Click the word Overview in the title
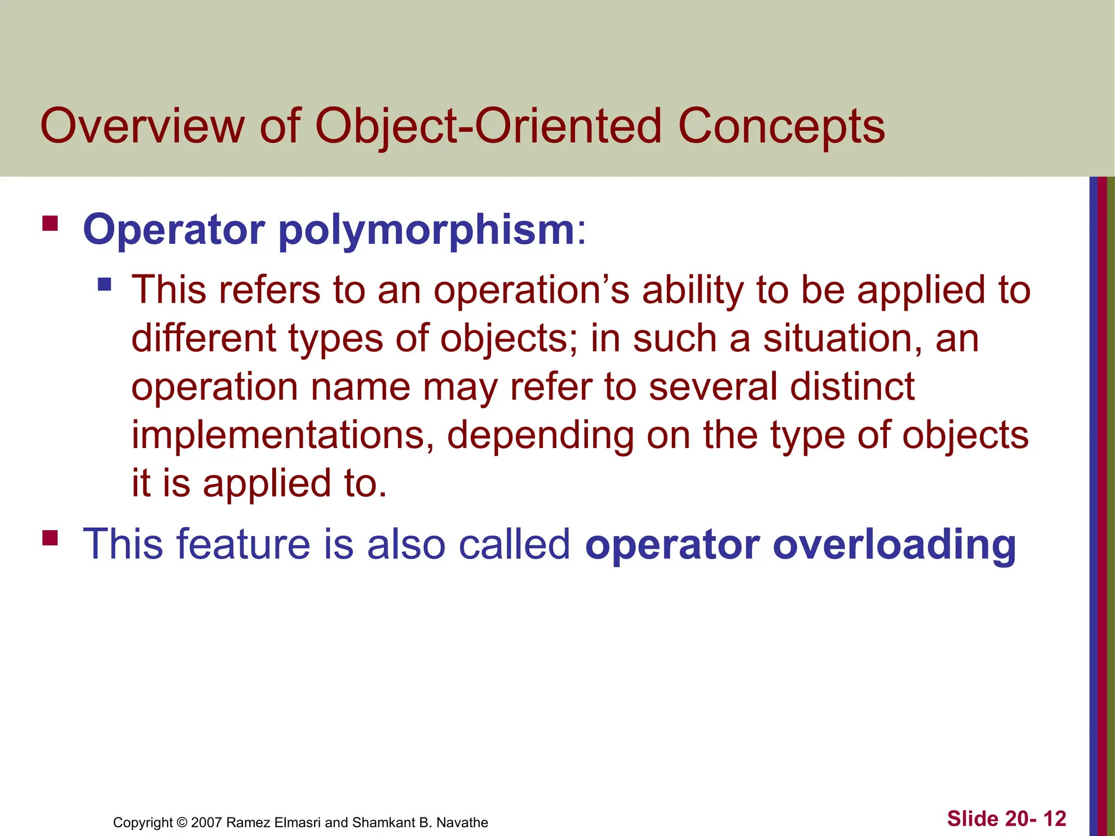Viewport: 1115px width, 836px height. (143, 126)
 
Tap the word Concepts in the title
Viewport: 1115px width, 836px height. (781, 126)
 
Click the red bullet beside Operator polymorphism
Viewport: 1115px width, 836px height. (50, 224)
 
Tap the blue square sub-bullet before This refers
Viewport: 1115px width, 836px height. (105, 284)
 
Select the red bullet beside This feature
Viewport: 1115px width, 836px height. (50, 538)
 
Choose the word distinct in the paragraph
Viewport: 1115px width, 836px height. (853, 387)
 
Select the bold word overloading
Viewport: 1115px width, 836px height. (894, 544)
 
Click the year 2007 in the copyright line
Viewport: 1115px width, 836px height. (206, 822)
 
